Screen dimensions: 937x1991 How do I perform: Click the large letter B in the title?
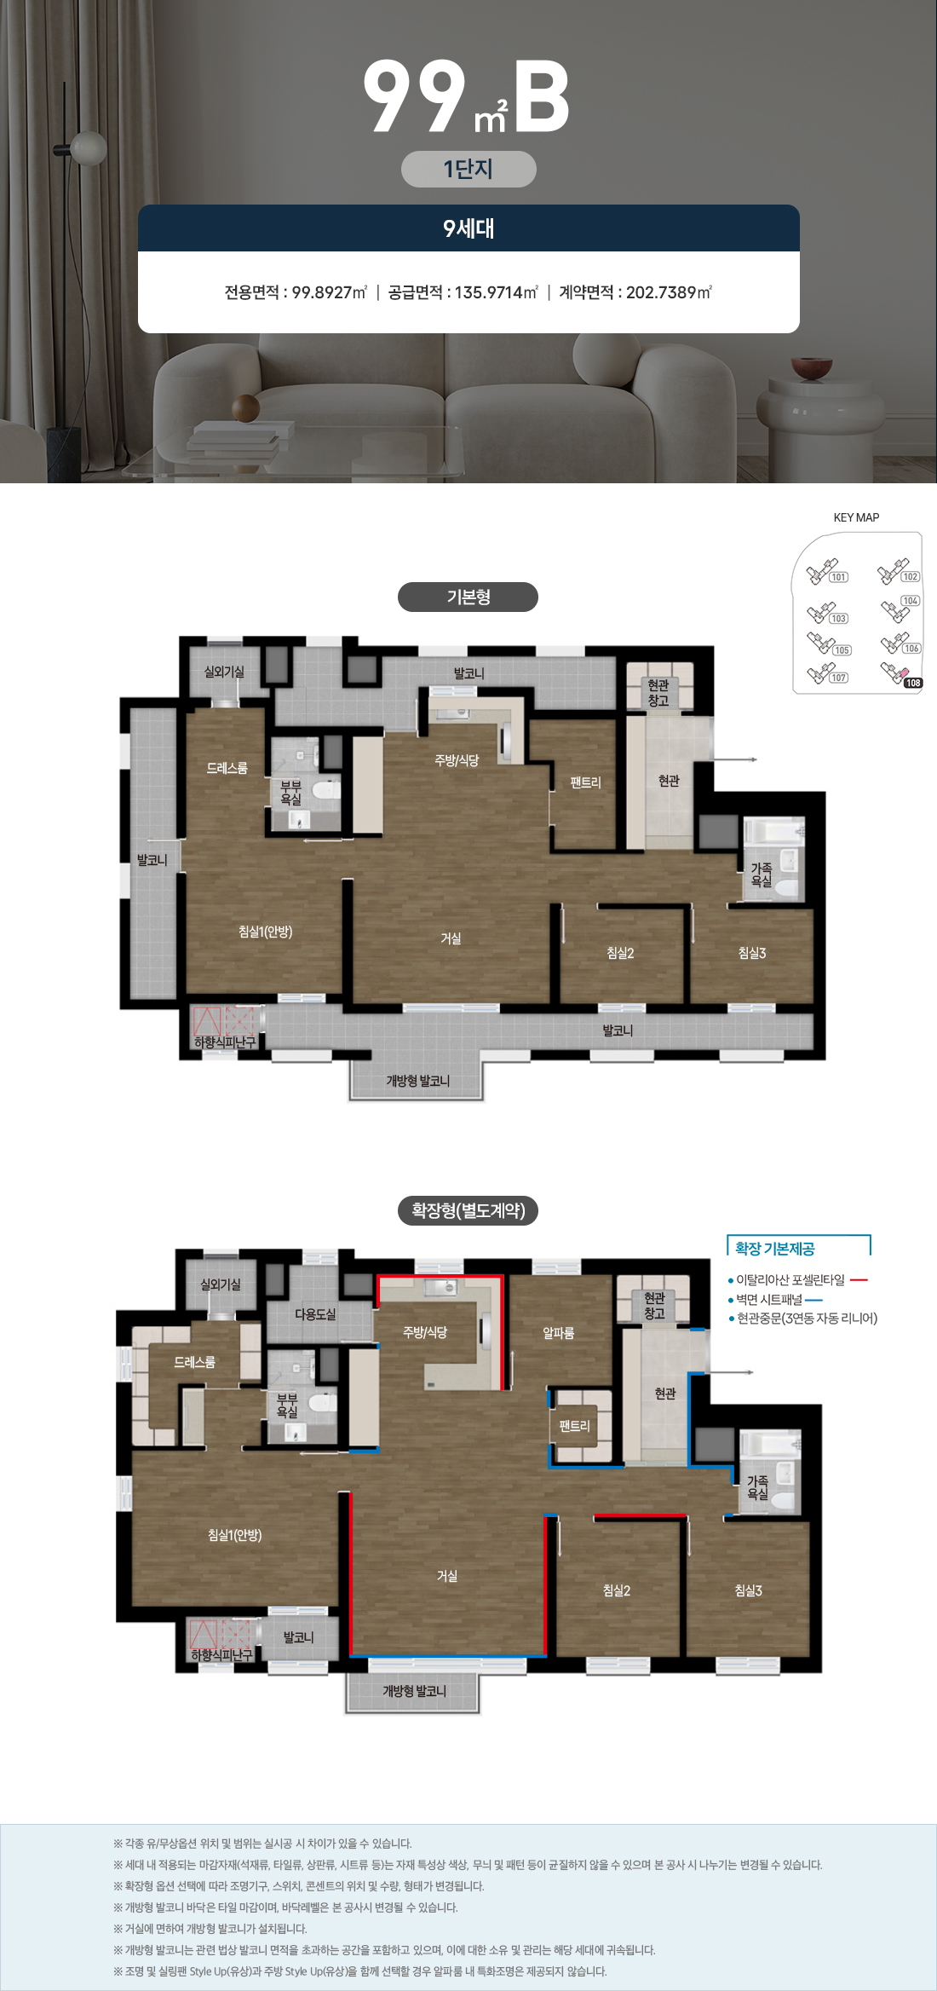[x=541, y=96]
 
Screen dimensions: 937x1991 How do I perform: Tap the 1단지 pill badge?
[x=468, y=169]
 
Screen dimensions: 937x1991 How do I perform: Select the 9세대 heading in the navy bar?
[x=468, y=228]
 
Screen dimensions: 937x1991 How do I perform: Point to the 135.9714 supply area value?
[x=489, y=292]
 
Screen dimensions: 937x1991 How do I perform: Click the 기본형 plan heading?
[x=468, y=597]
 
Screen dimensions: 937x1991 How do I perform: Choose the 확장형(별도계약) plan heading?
[x=468, y=1210]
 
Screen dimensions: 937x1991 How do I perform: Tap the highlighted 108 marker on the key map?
[x=913, y=683]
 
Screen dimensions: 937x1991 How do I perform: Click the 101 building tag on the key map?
[x=839, y=577]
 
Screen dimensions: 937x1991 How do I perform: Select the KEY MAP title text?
[x=856, y=517]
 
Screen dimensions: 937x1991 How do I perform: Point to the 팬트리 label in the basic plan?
[x=586, y=782]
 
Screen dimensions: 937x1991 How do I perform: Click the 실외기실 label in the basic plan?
[x=224, y=672]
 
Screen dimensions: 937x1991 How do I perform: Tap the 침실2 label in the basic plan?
[x=620, y=953]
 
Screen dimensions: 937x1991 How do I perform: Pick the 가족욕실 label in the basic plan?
[x=762, y=874]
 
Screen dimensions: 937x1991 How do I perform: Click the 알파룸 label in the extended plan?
[x=559, y=1333]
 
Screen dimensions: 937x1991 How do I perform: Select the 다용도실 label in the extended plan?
[x=315, y=1314]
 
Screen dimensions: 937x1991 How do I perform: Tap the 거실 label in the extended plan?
[x=447, y=1576]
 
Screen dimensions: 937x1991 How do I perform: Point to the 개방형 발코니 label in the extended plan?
[x=414, y=1691]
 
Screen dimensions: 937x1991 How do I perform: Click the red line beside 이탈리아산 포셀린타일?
[x=859, y=1280]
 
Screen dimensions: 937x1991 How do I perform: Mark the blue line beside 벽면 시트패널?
[x=813, y=1301]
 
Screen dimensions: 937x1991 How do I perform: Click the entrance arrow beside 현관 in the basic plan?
[x=734, y=759]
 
